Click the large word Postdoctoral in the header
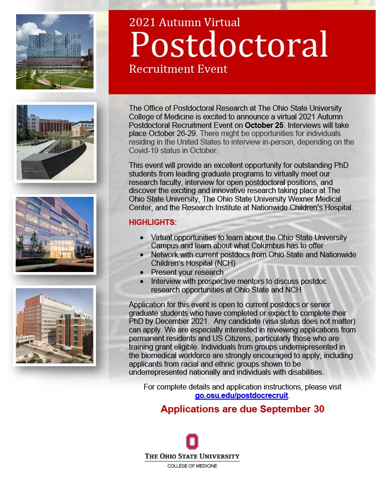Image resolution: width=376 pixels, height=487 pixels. pyautogui.click(x=229, y=44)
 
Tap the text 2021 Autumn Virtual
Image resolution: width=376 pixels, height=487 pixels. pyautogui.click(x=184, y=22)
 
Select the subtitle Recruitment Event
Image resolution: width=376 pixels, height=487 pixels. pyautogui.click(x=178, y=69)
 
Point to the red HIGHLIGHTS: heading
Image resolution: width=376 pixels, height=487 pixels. pyautogui.click(x=153, y=223)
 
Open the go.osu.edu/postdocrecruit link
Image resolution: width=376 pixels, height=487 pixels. pyautogui.click(x=242, y=396)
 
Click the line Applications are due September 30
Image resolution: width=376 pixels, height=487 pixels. pyautogui.click(x=242, y=409)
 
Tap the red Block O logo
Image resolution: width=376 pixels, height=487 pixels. pyautogui.click(x=192, y=441)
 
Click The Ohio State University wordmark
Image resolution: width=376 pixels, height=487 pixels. pyautogui.click(x=192, y=457)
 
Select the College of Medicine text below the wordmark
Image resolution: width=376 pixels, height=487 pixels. pyautogui.click(x=192, y=466)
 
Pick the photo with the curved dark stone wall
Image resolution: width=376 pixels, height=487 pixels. pyautogui.click(x=55, y=142)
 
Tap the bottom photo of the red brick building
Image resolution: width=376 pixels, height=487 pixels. pyautogui.click(x=55, y=325)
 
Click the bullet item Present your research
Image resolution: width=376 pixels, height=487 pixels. pyautogui.click(x=187, y=272)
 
